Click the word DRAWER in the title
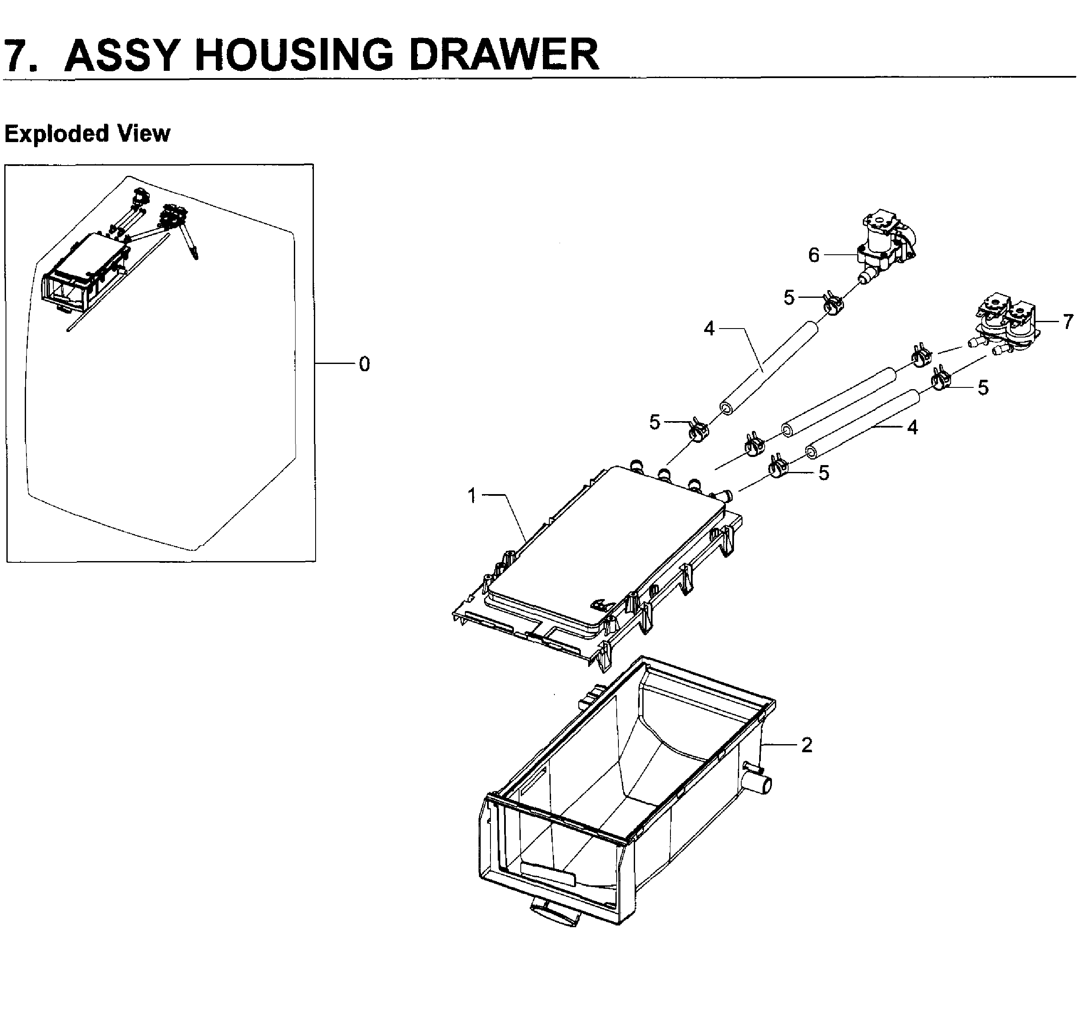[x=504, y=55]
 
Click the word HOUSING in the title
[x=295, y=55]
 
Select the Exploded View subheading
[x=87, y=134]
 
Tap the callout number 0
[x=364, y=364]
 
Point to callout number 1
[x=471, y=495]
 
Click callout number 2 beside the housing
[x=806, y=745]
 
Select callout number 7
[x=1068, y=322]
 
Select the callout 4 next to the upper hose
[x=708, y=329]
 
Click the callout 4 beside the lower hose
[x=912, y=427]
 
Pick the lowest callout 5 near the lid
[x=824, y=472]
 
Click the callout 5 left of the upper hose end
[x=654, y=422]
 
